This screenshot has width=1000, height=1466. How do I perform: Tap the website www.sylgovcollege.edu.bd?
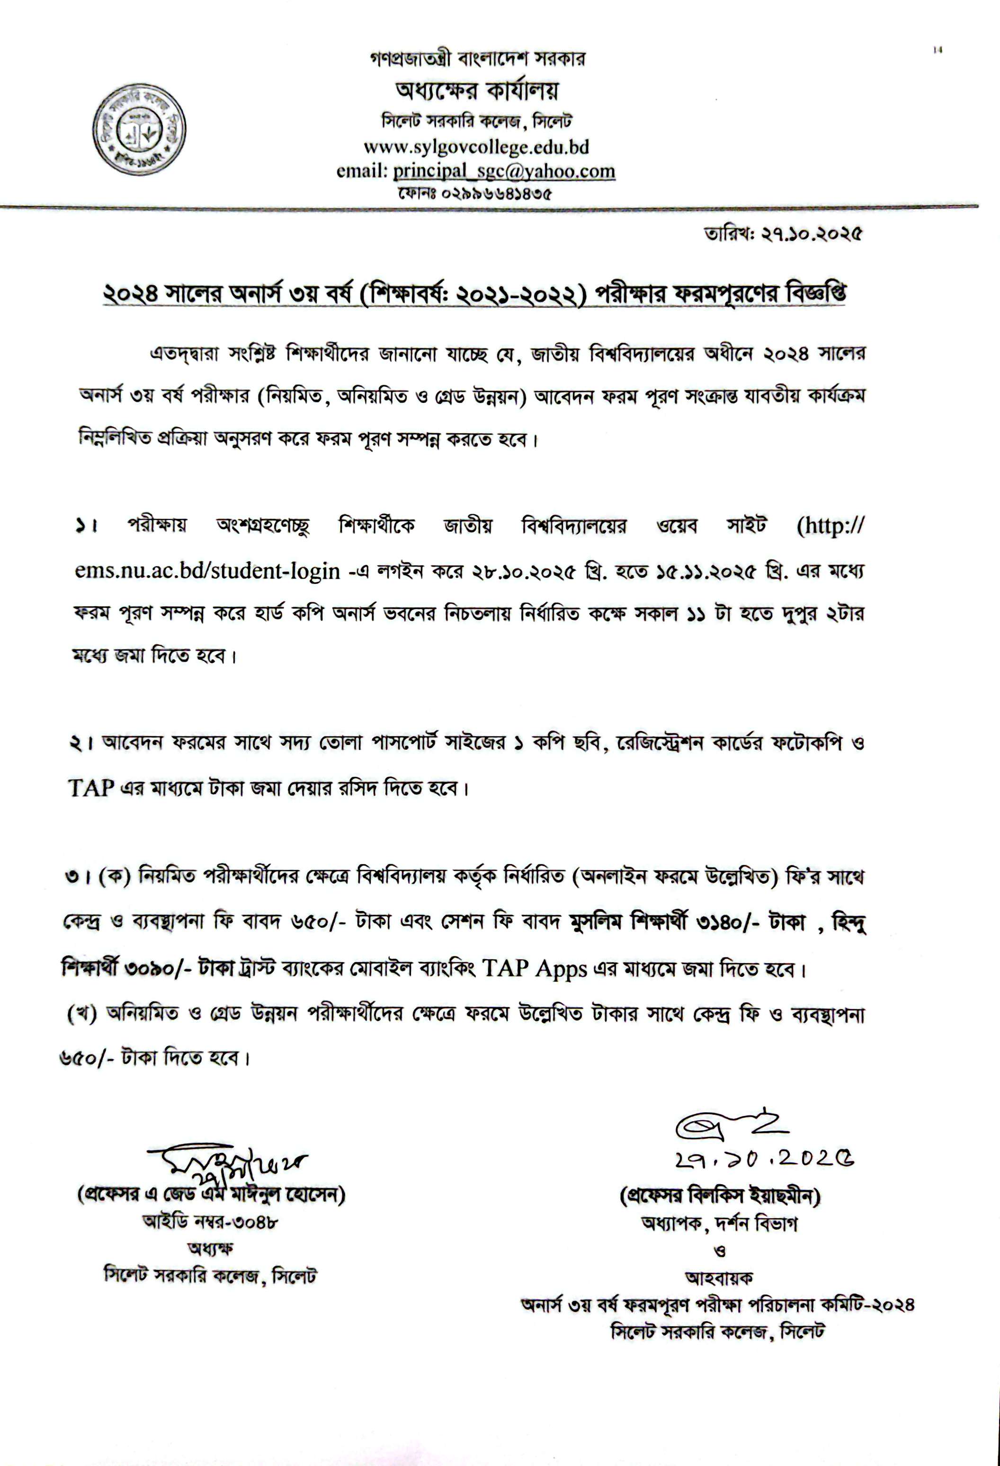click(x=476, y=147)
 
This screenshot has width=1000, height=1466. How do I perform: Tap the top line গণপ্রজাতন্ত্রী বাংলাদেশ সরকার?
click(x=477, y=61)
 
